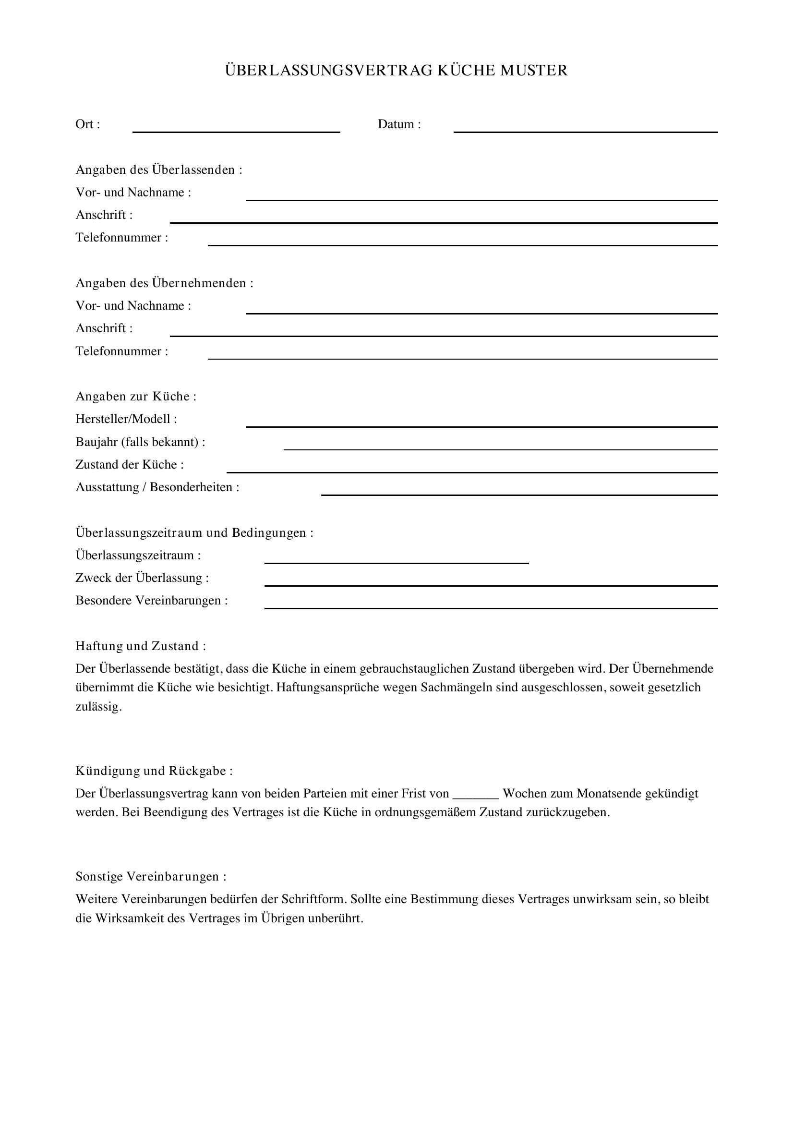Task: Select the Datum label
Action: coord(399,124)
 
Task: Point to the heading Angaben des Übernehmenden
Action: coord(164,283)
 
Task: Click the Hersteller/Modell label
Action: coord(126,419)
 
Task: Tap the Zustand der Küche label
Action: coord(130,465)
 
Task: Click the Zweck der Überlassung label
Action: coord(142,578)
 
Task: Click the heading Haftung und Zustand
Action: coord(140,646)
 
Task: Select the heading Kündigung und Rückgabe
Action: coord(154,771)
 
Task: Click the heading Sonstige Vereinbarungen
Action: coord(151,877)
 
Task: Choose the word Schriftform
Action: coord(313,899)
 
